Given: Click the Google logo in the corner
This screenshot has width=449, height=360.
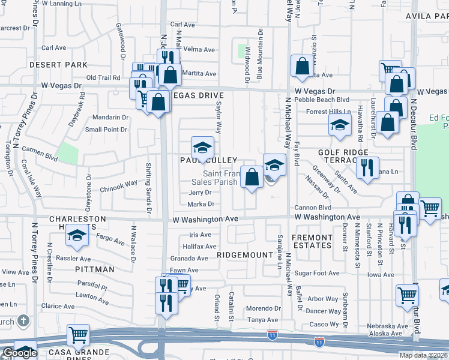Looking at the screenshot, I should (19, 353).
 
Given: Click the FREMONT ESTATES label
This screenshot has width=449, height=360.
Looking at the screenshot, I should (312, 241).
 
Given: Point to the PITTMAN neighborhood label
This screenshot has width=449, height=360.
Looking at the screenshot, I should (95, 269).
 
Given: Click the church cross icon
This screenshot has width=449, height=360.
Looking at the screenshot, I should (23, 320).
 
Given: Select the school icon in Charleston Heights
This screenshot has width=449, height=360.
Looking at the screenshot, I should (77, 236).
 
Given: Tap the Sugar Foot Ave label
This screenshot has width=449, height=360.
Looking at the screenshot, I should (318, 273).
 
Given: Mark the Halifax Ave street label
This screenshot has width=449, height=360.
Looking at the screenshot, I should (199, 246).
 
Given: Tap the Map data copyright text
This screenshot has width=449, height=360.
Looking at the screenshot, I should (423, 355).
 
